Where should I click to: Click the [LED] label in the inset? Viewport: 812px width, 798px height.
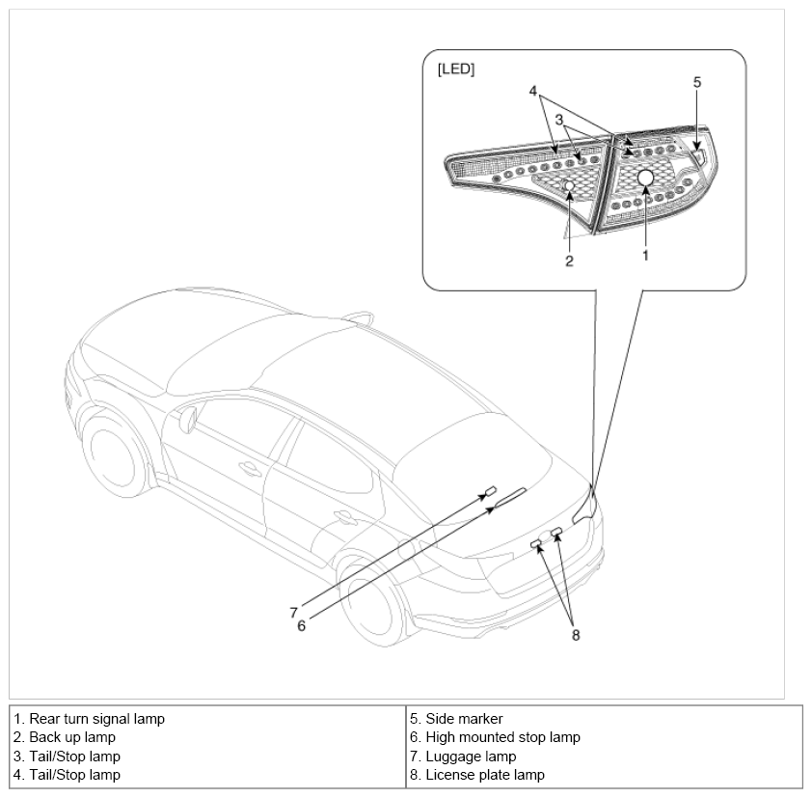456,69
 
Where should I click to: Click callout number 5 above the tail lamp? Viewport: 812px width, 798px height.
697,82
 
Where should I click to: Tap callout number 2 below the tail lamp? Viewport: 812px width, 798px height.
569,261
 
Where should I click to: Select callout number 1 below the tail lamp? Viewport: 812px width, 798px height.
645,256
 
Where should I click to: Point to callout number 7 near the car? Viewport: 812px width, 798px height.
293,613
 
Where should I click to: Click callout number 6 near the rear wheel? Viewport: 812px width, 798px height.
302,626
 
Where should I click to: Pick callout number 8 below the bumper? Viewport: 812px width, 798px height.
576,635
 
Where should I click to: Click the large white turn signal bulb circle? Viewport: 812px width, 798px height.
646,178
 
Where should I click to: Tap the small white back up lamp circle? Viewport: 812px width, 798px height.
569,185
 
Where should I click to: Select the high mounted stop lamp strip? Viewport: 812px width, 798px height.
510,498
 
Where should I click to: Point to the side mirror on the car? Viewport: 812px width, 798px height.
188,419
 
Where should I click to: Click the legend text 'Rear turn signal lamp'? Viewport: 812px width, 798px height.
96,719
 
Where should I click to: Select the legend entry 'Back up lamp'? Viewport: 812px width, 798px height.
72,737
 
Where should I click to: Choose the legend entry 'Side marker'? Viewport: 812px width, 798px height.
464,719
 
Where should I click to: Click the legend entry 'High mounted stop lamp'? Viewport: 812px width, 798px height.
502,737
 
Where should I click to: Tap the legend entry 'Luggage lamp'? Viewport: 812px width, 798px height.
471,757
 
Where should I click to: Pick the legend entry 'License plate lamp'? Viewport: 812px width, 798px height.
485,775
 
